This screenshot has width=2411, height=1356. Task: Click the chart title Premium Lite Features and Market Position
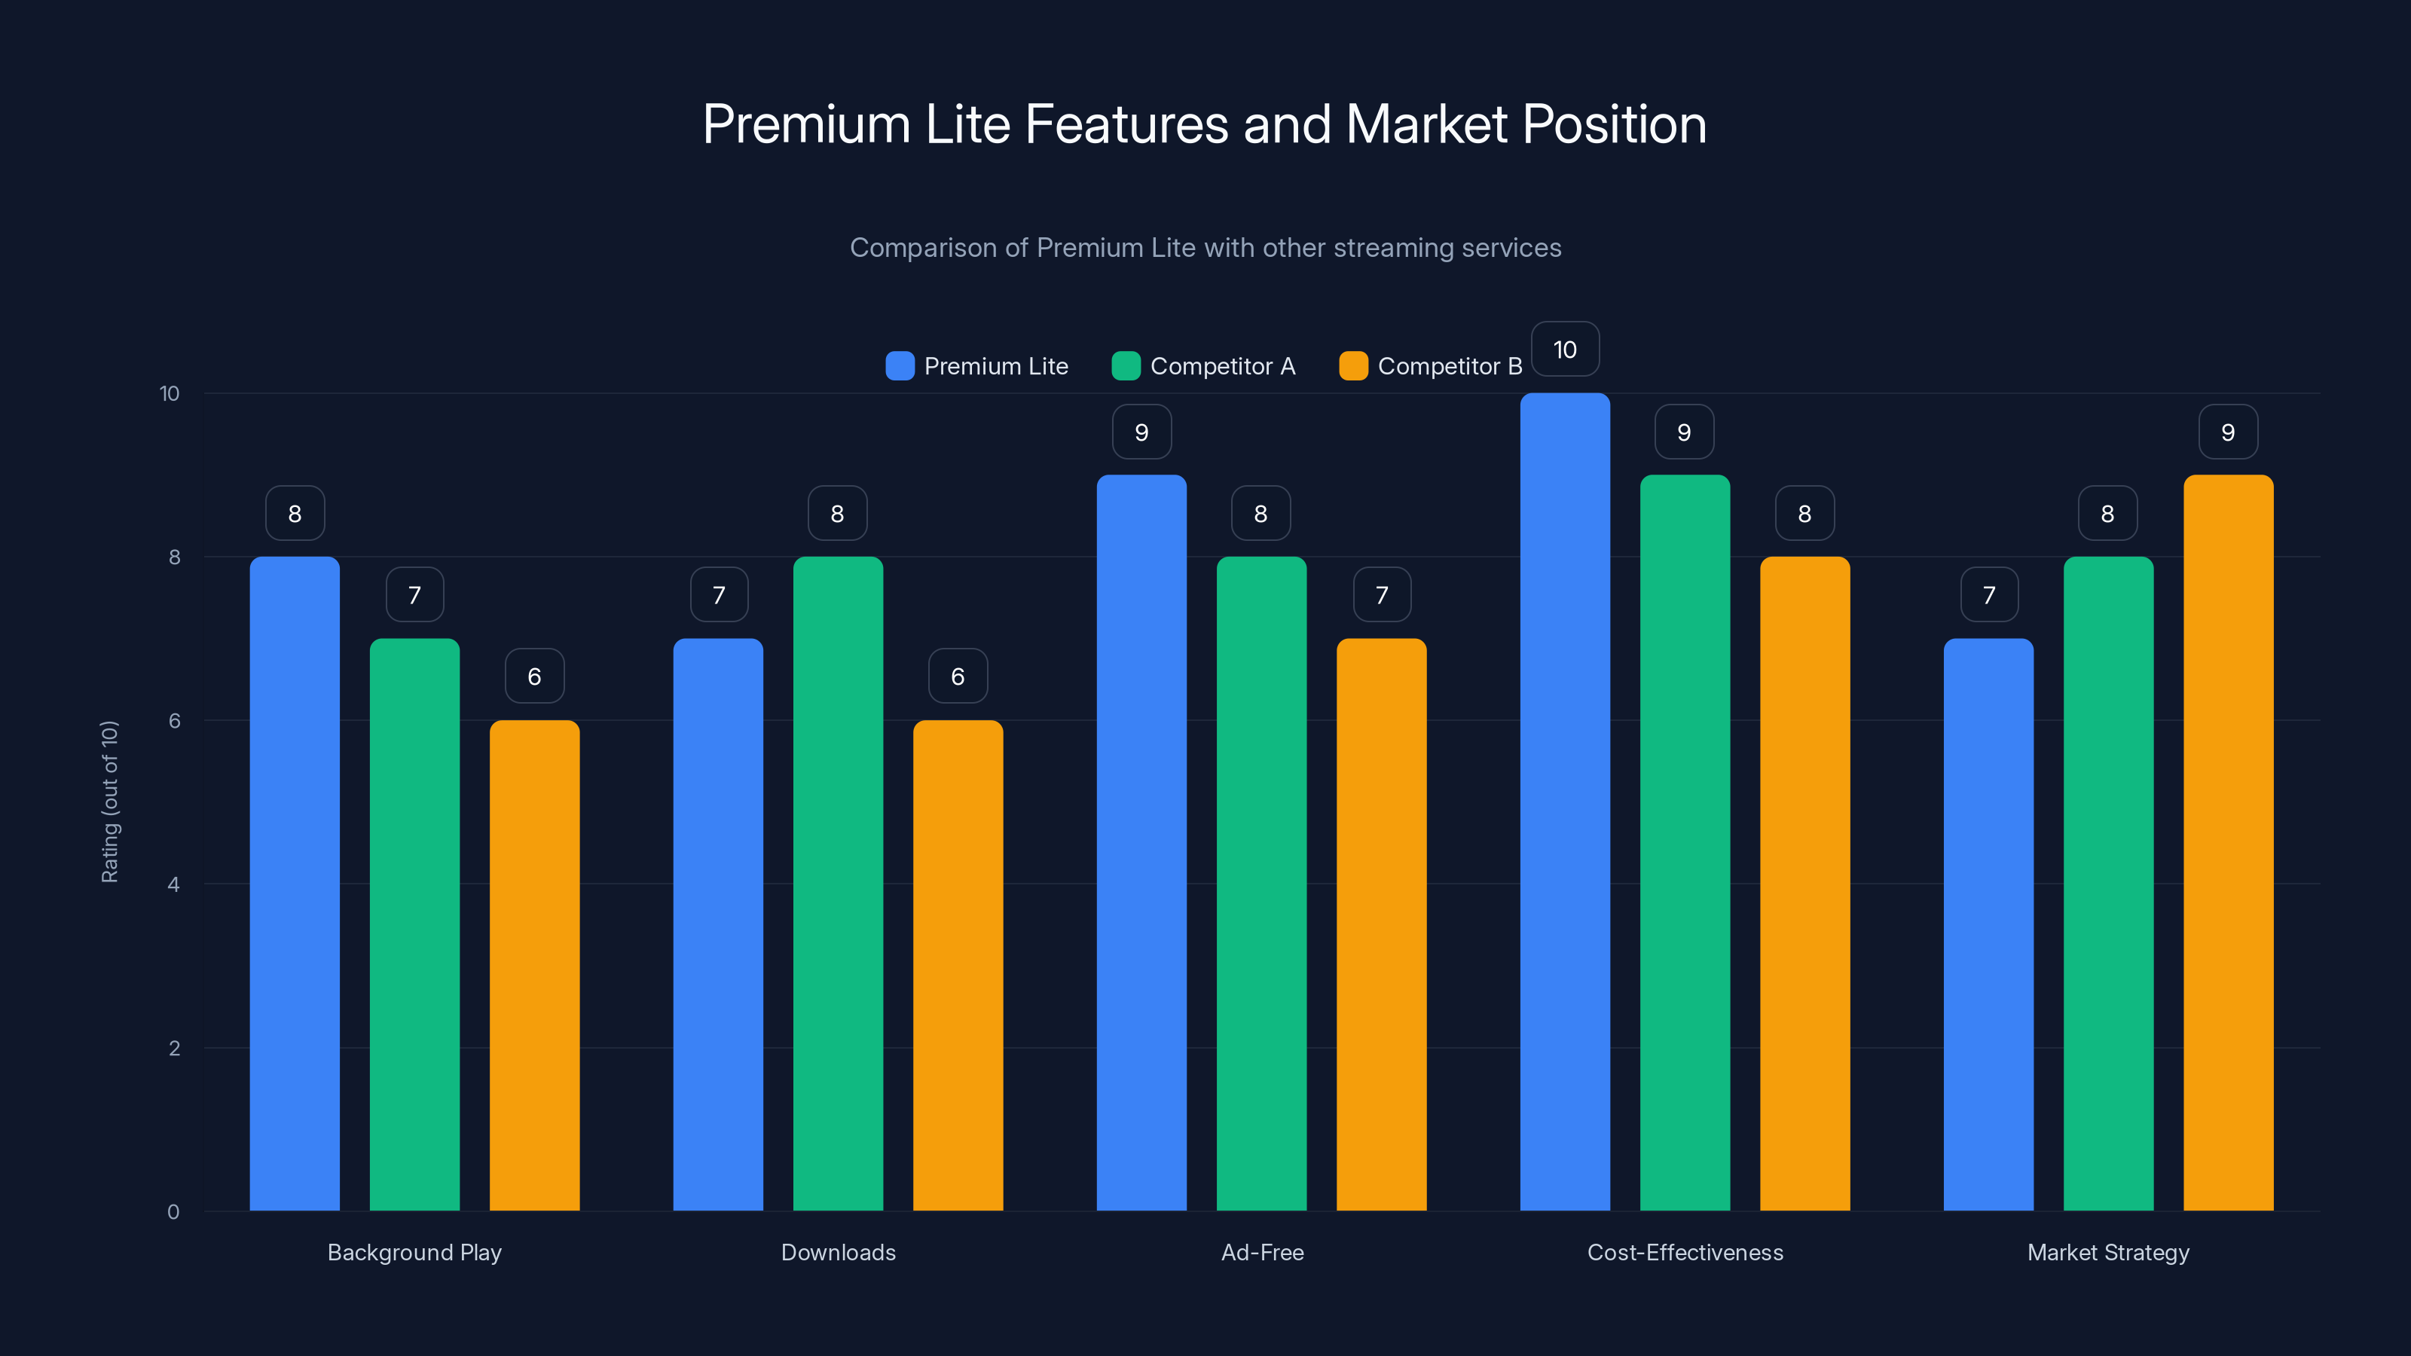[x=1205, y=124]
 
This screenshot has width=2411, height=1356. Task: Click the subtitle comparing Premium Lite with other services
[x=1205, y=248]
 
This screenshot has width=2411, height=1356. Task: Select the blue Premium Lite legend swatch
[x=900, y=366]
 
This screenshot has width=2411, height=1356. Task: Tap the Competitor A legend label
[x=1222, y=366]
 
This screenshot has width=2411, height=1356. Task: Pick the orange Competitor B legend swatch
[x=1352, y=366]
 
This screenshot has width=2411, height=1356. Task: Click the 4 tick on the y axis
[x=173, y=884]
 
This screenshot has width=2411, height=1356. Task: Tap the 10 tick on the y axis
[x=170, y=393]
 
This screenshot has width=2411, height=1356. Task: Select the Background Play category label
[x=414, y=1252]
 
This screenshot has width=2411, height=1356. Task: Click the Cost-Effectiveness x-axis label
[x=1685, y=1252]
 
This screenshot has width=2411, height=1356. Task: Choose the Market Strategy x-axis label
[x=2108, y=1252]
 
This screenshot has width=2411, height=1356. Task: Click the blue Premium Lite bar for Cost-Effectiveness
[x=1564, y=805]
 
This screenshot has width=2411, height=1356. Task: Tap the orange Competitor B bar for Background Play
[x=534, y=964]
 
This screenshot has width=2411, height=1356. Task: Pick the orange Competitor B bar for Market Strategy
[x=2228, y=842]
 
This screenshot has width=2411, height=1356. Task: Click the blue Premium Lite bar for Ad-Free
[x=1141, y=842]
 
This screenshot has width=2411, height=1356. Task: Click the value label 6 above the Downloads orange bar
[x=958, y=676]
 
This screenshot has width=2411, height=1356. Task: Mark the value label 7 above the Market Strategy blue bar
[x=1989, y=594]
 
